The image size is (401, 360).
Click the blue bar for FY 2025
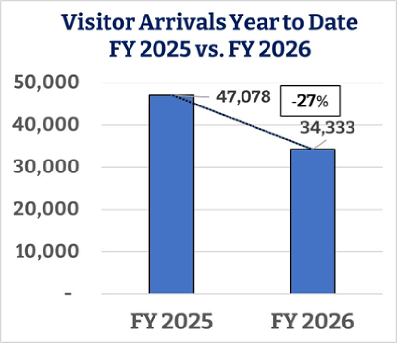tap(171, 194)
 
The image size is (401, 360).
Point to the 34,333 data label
tap(327, 128)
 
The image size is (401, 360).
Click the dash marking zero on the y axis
tap(69, 294)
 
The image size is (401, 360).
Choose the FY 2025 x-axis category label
tap(171, 322)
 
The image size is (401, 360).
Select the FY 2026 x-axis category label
tap(312, 322)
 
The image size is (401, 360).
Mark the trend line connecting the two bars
tap(242, 121)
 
